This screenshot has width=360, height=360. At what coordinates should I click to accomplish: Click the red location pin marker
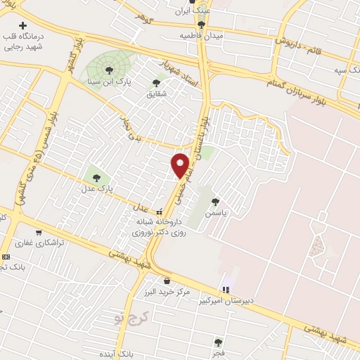coord(181,165)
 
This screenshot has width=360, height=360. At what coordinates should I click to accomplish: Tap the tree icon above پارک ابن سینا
coord(108,69)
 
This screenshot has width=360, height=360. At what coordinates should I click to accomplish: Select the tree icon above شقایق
coord(156,83)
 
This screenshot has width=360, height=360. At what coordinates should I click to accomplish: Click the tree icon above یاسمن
coord(224,200)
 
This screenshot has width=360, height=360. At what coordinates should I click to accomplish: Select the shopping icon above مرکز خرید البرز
coord(166,281)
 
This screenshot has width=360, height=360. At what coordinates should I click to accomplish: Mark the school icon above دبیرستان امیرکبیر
coord(226,288)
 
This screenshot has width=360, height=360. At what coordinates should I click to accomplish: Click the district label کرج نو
coord(131,318)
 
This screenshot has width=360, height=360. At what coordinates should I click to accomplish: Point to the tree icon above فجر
coord(218,342)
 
